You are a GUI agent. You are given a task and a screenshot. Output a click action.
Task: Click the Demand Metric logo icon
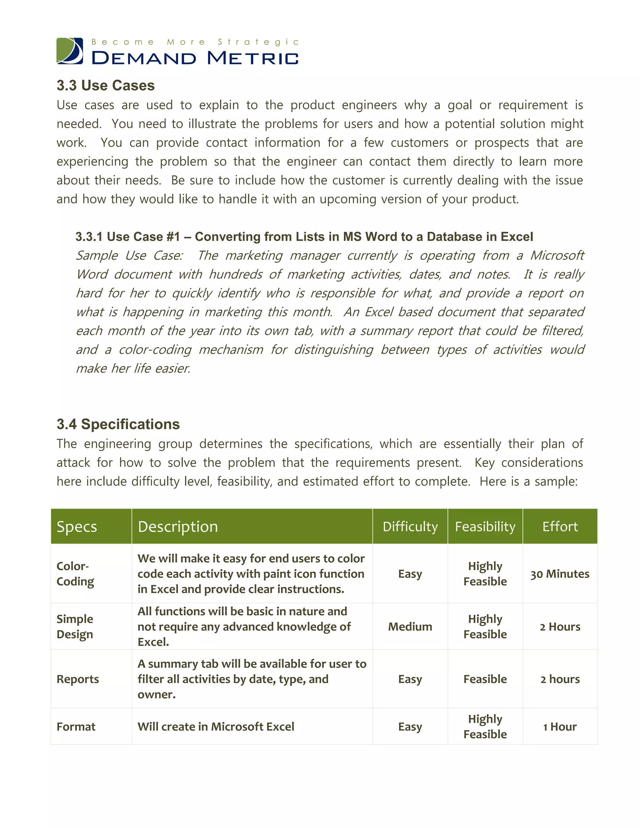coord(70,51)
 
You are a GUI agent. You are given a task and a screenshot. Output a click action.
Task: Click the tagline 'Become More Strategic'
coord(195,42)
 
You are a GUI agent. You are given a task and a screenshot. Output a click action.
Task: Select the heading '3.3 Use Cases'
coord(105,85)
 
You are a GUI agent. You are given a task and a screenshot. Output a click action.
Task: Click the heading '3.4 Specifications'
coord(118,424)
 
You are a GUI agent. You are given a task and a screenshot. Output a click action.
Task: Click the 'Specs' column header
coord(77,526)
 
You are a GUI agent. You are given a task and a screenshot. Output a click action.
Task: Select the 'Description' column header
coord(178,526)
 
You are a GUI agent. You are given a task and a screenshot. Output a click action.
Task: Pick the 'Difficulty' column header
coord(410,526)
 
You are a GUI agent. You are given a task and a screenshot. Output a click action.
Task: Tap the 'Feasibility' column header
coord(485,526)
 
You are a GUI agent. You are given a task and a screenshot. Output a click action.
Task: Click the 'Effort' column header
coord(560,526)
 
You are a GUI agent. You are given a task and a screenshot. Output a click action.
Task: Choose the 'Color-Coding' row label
coord(75,574)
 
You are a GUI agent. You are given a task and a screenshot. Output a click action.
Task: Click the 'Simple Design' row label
coord(75,626)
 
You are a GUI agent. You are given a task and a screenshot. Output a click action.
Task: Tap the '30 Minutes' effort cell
coord(560,574)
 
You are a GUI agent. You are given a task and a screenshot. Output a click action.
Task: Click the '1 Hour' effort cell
coord(560,727)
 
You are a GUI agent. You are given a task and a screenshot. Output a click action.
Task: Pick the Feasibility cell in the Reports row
coord(485,679)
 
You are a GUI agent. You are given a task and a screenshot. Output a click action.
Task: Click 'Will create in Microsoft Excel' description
coord(216,727)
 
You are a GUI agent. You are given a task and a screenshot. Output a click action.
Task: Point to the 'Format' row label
coord(76,727)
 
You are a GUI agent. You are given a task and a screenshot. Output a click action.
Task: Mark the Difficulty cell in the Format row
coord(410,727)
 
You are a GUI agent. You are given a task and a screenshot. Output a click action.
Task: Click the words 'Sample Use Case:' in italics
coord(129,256)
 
